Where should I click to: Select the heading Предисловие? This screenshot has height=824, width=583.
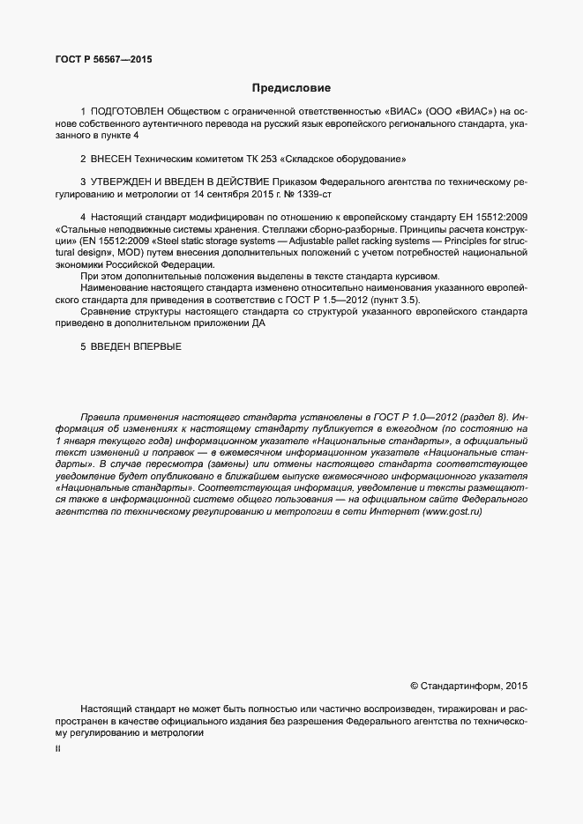coord(291,88)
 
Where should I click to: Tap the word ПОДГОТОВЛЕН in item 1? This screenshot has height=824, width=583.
coord(126,112)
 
